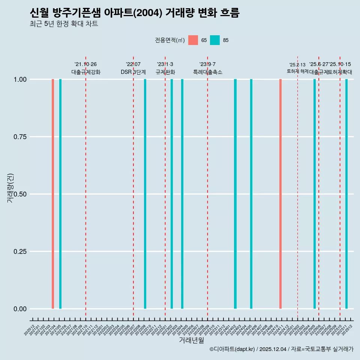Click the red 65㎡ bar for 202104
[x=53, y=194]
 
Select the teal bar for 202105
[x=60, y=194]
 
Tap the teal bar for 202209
[x=145, y=194]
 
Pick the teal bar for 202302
[x=172, y=194]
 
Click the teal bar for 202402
[x=235, y=194]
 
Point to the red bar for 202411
[x=280, y=194]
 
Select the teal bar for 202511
[x=346, y=194]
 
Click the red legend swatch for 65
[x=193, y=40]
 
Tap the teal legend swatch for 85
[x=215, y=40]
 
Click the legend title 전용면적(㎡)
[x=170, y=40]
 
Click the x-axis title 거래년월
[x=192, y=340]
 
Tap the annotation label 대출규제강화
[x=86, y=72]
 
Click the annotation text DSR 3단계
[x=133, y=72]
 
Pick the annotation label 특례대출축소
[x=208, y=72]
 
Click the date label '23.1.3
[x=165, y=64]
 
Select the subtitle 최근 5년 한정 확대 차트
[x=64, y=24]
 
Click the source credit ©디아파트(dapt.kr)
[x=232, y=349]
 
